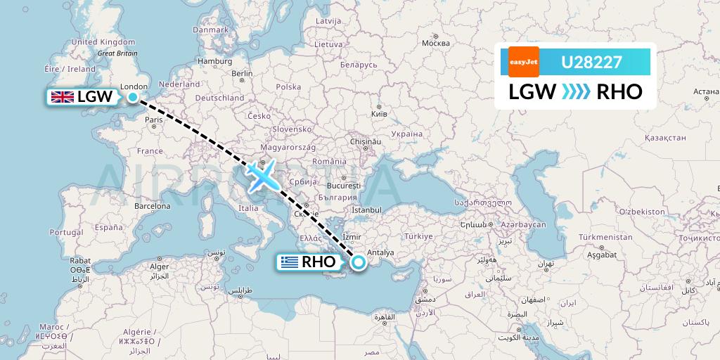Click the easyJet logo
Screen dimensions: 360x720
pyautogui.click(x=523, y=62)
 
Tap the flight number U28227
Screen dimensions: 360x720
pyautogui.click(x=591, y=63)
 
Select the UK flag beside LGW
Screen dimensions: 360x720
pyautogui.click(x=62, y=97)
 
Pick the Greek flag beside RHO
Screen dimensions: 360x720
pyautogui.click(x=289, y=263)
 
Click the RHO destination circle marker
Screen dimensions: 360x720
pyautogui.click(x=359, y=263)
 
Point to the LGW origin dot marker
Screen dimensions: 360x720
pyautogui.click(x=132, y=96)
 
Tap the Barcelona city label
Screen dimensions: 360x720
pyautogui.click(x=153, y=206)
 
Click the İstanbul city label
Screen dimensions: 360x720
pyautogui.click(x=366, y=210)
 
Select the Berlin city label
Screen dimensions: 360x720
pyautogui.click(x=242, y=73)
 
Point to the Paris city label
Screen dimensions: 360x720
pyautogui.click(x=153, y=120)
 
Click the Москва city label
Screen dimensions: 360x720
pyautogui.click(x=435, y=44)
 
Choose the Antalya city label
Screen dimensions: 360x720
pyautogui.click(x=382, y=253)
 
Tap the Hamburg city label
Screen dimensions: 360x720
pyautogui.click(x=214, y=61)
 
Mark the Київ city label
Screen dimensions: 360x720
pyautogui.click(x=378, y=113)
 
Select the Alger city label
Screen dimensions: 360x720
pyautogui.click(x=160, y=266)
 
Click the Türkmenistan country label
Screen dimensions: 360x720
pyautogui.click(x=603, y=238)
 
